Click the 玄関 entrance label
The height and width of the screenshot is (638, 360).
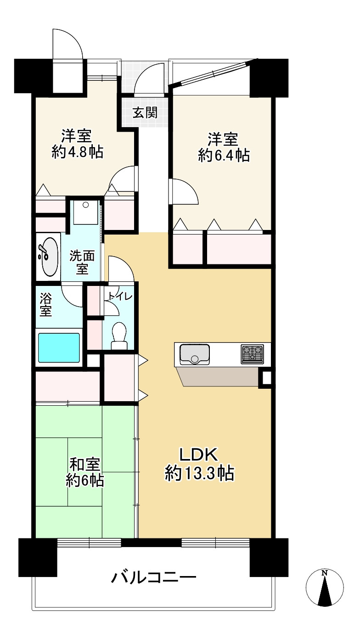point(145,113)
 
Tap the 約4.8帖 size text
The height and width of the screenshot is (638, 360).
point(77,152)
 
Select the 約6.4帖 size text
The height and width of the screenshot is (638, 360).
point(224,156)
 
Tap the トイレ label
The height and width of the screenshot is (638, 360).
point(120,297)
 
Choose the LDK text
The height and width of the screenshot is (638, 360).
point(198,454)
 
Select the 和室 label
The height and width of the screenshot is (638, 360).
point(85,465)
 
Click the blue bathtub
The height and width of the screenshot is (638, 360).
point(59,348)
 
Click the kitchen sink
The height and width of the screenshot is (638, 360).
point(194,354)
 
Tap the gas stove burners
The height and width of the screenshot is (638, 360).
point(252,354)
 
